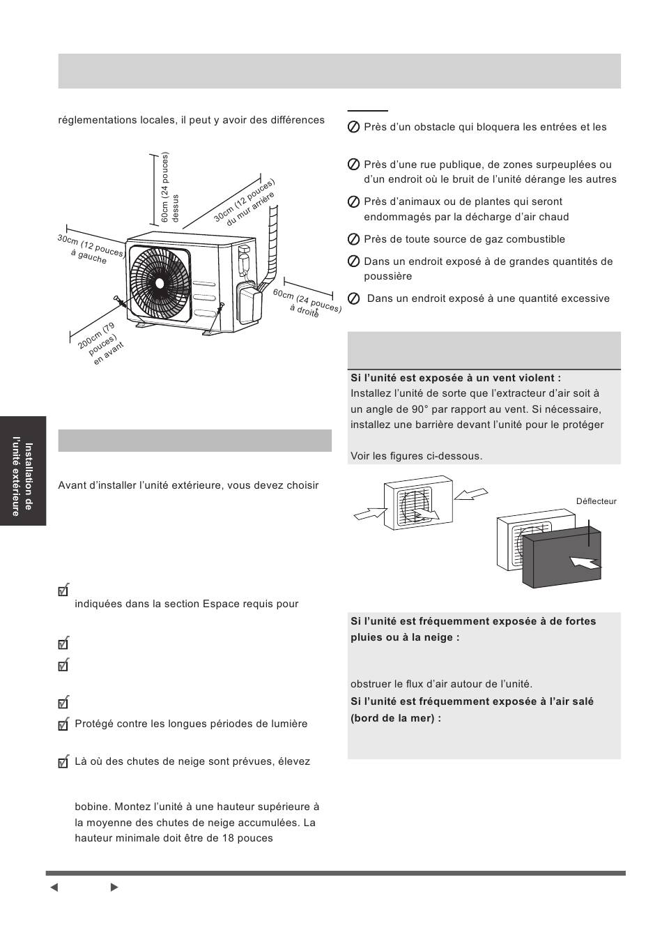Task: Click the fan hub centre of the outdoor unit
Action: pyautogui.click(x=160, y=283)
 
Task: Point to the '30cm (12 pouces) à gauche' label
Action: pyautogui.click(x=91, y=250)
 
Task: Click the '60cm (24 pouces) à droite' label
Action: pyautogui.click(x=307, y=303)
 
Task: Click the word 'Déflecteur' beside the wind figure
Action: pyautogui.click(x=596, y=501)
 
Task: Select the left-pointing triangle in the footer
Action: pyautogui.click(x=54, y=888)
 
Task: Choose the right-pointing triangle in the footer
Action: pyautogui.click(x=114, y=888)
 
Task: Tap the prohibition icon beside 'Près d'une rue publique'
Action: pyautogui.click(x=353, y=165)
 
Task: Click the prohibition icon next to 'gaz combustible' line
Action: pyautogui.click(x=353, y=240)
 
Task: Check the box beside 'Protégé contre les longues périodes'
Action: pyautogui.click(x=64, y=725)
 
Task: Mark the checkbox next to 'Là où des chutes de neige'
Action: pyautogui.click(x=64, y=762)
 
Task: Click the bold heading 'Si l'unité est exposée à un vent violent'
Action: pyautogui.click(x=456, y=378)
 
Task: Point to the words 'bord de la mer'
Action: pyautogui.click(x=394, y=717)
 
